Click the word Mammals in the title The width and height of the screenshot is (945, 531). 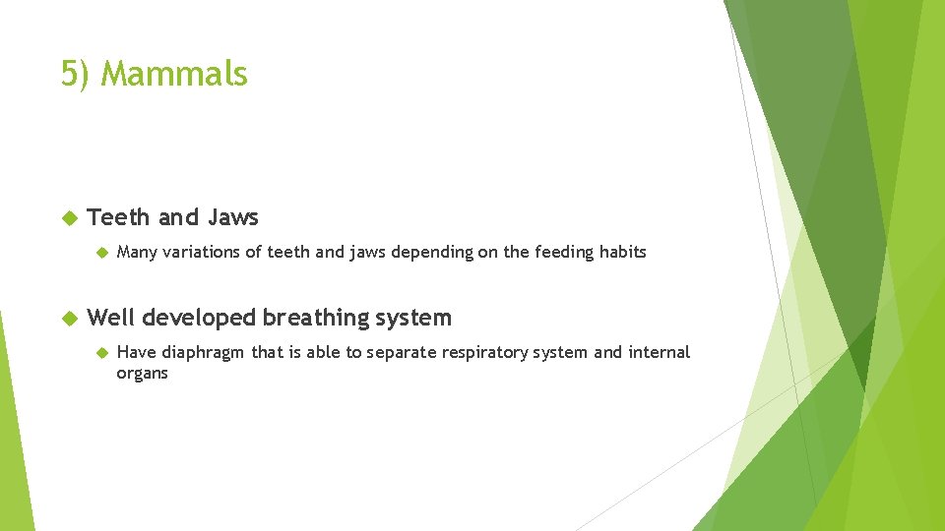(174, 74)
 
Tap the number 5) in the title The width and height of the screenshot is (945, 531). (78, 74)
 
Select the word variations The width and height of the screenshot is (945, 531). (201, 253)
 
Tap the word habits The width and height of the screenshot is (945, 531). (621, 253)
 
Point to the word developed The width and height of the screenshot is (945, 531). (202, 318)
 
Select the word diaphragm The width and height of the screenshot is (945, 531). (204, 353)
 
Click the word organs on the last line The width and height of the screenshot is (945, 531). (142, 374)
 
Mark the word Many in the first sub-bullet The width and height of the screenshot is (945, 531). (137, 253)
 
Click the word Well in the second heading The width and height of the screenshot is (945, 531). (111, 318)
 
